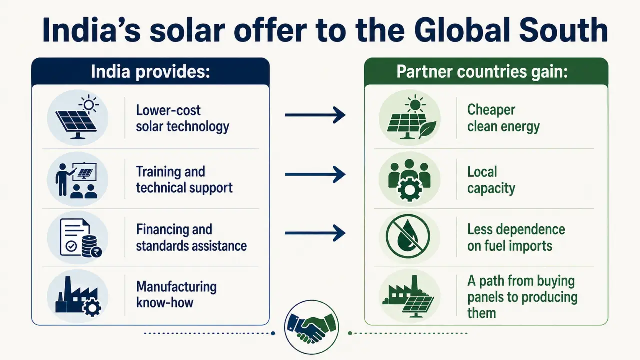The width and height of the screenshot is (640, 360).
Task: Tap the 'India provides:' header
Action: [x=150, y=71]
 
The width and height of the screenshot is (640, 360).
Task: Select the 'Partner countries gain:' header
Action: [x=482, y=71]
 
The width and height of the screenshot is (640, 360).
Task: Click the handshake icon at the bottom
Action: [x=311, y=327]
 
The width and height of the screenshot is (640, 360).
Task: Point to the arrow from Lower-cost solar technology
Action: [x=315, y=115]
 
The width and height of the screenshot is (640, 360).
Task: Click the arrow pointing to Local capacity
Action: [x=315, y=174]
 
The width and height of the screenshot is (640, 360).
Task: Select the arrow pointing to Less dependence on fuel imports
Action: [x=315, y=233]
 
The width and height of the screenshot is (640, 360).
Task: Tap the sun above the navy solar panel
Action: [x=89, y=105]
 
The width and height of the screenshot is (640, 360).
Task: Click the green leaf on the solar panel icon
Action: [x=427, y=129]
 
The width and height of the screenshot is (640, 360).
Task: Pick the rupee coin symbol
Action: [x=96, y=252]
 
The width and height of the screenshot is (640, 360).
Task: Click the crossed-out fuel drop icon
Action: [x=408, y=236]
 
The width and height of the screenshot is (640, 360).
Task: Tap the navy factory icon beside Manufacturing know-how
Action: [x=78, y=296]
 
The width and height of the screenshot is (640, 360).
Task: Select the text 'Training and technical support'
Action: [x=184, y=180]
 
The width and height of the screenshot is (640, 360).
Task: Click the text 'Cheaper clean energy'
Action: [x=503, y=118]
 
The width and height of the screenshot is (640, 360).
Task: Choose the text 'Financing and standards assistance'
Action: [x=191, y=238]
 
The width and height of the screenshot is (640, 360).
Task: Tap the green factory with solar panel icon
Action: [x=408, y=297]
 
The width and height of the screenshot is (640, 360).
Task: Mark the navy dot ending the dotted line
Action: [x=273, y=333]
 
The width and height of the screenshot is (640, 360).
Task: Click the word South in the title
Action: [x=563, y=30]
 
